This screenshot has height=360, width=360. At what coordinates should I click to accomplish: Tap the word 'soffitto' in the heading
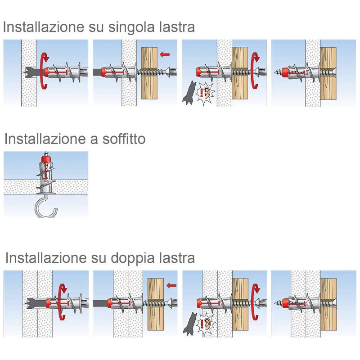124,139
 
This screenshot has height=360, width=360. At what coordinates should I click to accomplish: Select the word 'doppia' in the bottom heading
132,258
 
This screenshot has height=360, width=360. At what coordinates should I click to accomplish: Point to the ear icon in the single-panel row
206,93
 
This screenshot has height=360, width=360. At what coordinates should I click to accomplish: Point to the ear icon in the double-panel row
206,324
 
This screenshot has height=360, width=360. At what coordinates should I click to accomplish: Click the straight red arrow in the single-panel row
165,54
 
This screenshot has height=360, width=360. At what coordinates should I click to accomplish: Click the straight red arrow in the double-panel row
171,286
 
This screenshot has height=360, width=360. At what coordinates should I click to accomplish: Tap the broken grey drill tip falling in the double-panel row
189,324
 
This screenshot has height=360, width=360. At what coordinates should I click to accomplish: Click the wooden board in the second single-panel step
149,73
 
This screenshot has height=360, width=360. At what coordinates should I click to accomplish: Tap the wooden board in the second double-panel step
155,304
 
